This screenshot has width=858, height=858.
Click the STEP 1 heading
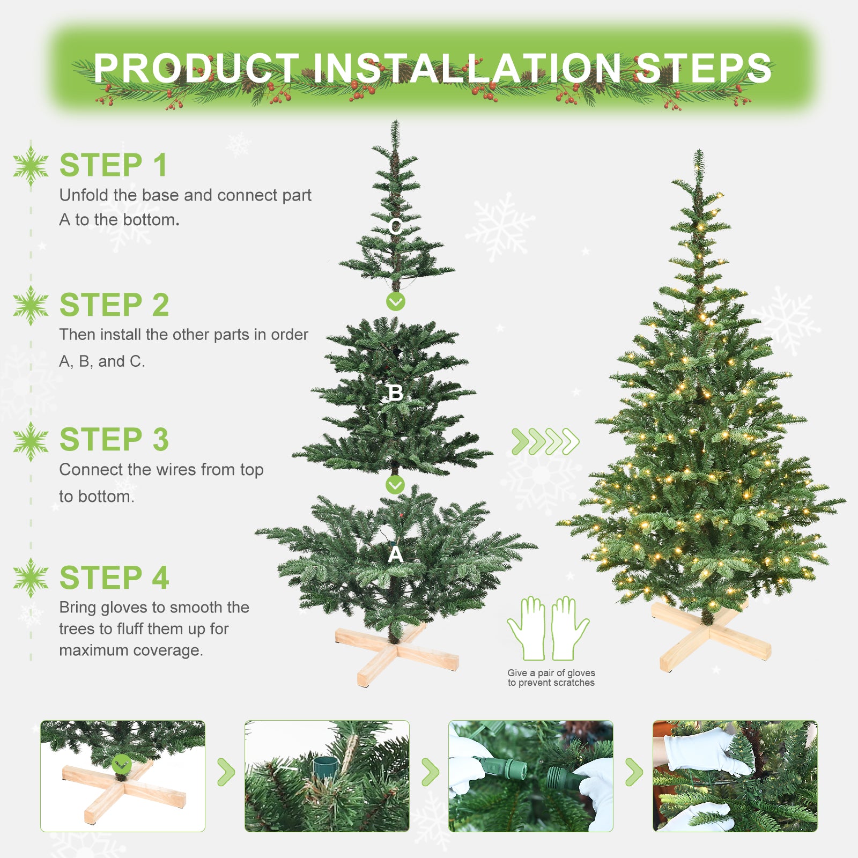(113, 165)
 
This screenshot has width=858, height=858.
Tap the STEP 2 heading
(114, 305)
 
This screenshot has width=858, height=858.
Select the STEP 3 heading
(114, 440)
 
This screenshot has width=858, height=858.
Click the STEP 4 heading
(114, 578)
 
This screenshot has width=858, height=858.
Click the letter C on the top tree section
(396, 227)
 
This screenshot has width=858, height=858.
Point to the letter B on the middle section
(396, 393)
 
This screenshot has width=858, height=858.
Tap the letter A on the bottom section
(396, 554)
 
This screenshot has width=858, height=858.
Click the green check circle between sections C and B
(396, 302)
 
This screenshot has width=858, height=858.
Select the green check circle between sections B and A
(395, 485)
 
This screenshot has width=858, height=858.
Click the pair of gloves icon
(548, 628)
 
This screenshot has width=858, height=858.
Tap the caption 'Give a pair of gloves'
(551, 673)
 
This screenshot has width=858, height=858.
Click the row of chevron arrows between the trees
(545, 442)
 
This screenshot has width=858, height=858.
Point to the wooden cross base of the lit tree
(711, 636)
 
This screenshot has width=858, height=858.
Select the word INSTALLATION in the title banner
(467, 68)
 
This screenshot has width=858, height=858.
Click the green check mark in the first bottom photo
(122, 764)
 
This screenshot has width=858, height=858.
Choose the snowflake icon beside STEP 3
(31, 441)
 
